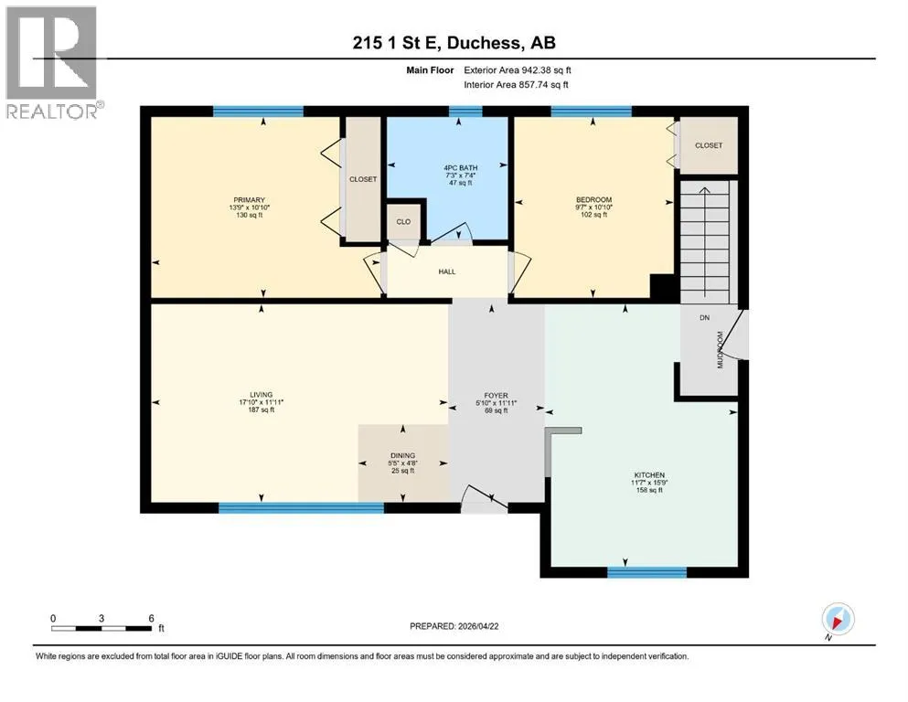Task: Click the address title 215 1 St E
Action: tap(397, 42)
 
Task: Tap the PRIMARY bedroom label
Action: tap(249, 199)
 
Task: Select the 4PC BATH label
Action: tap(460, 168)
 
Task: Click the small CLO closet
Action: tap(403, 220)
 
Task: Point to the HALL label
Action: tap(447, 271)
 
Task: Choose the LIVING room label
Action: tap(262, 395)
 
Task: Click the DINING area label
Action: tap(403, 455)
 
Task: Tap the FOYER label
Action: tap(497, 395)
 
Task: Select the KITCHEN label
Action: tap(649, 474)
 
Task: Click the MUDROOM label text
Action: tap(721, 349)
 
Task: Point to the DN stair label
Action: tap(704, 318)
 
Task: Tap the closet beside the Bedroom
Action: tap(709, 145)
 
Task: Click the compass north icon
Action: tap(838, 620)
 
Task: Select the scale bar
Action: tap(101, 628)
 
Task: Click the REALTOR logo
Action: tap(53, 62)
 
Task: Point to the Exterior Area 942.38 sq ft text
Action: tap(518, 70)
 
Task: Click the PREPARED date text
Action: tap(454, 626)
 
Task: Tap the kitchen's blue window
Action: tap(646, 572)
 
